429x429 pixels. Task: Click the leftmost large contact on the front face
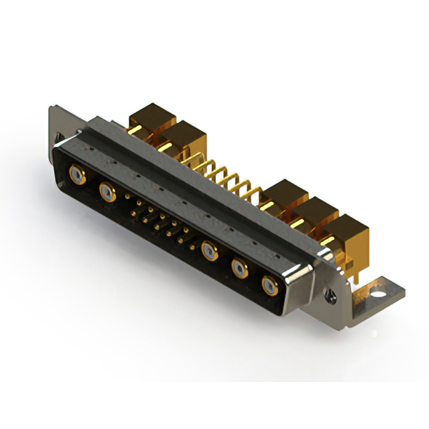pos(78,176)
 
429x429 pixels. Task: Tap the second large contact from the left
pos(107,193)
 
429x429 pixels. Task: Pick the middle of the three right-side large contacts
pos(240,269)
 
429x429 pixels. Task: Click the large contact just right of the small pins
pos(209,251)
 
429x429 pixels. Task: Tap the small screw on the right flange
pos(330,292)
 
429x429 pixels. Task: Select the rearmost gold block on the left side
pos(151,117)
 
